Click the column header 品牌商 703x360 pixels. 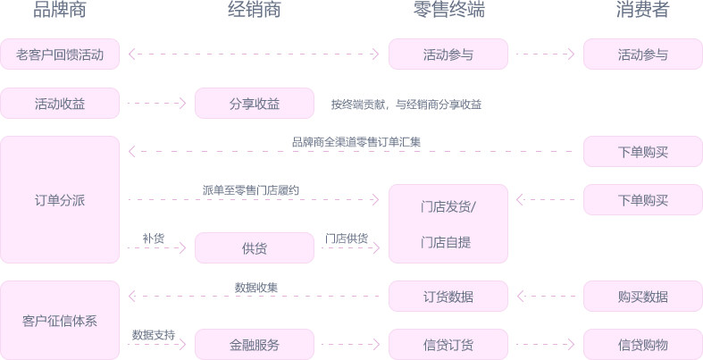(60, 11)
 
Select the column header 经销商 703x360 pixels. (255, 11)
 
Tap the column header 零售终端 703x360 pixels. (448, 11)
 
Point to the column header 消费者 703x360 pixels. (643, 11)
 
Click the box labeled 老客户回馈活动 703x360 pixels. (60, 54)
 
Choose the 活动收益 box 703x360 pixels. (60, 104)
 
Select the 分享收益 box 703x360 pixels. (255, 104)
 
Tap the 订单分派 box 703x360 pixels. (60, 200)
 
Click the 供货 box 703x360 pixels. (255, 248)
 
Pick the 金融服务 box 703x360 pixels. (255, 345)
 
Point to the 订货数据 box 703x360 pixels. (448, 297)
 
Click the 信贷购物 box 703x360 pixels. (643, 345)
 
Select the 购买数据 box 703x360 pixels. (643, 297)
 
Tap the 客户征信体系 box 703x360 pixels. (60, 321)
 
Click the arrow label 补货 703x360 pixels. (154, 239)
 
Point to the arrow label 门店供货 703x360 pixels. (347, 239)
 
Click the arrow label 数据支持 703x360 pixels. (154, 335)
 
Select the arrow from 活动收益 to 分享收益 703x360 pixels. (156, 104)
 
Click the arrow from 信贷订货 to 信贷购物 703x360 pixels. (545, 345)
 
